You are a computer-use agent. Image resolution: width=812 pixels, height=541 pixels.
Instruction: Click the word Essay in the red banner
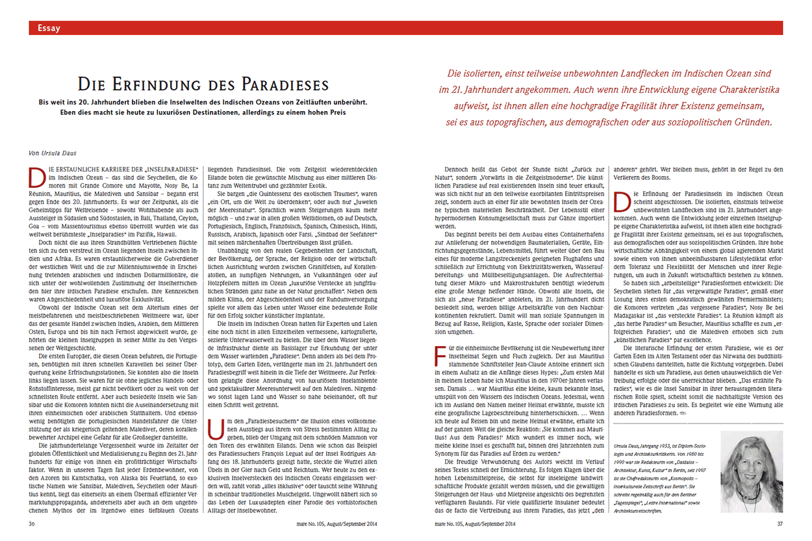coord(49,28)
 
